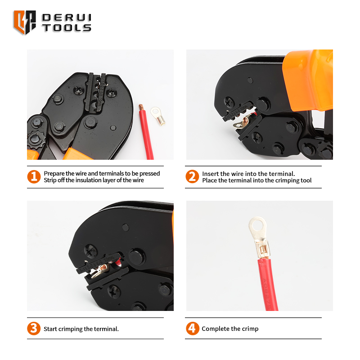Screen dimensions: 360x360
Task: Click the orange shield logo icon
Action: coord(25,22)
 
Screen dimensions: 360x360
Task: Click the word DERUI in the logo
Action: coord(67,18)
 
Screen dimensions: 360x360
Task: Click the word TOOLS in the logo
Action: coord(67,27)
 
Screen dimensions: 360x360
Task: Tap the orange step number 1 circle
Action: coord(34,176)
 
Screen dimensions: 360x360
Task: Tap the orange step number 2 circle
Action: coord(192,176)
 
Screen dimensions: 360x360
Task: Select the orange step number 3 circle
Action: coord(34,328)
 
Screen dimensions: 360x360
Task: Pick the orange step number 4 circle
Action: coord(193,328)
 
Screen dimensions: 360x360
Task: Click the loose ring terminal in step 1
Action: coord(158,116)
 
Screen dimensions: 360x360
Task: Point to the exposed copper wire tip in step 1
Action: coord(141,107)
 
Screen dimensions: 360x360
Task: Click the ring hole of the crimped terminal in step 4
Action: coord(258,226)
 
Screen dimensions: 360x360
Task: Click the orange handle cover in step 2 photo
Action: coord(308,81)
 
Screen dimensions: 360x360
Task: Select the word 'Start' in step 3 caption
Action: coord(50,329)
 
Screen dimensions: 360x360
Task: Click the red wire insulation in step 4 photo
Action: coord(268,285)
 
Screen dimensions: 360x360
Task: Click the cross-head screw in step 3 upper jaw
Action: coord(91,251)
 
